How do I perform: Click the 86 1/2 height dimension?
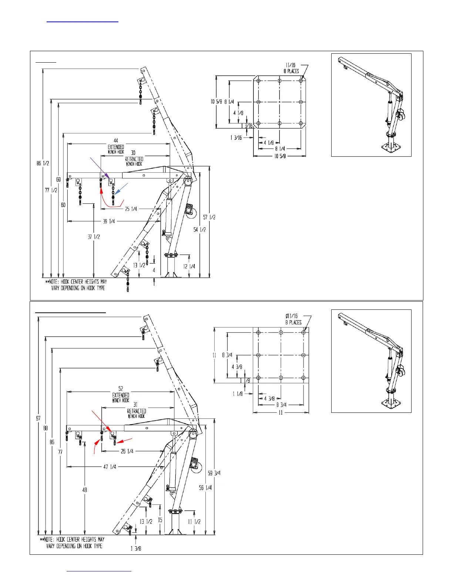(43, 163)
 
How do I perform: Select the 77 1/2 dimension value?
(51, 190)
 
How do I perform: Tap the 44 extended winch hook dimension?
(116, 141)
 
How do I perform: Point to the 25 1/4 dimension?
(131, 209)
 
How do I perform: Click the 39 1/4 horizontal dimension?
(109, 221)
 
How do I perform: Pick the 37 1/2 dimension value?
(94, 237)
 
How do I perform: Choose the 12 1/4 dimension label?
(189, 266)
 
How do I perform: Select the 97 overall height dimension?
(38, 418)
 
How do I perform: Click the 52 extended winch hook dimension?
(121, 389)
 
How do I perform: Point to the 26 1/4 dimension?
(127, 451)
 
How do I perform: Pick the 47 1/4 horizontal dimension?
(110, 467)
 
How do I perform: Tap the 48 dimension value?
(85, 490)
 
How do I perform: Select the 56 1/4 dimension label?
(205, 488)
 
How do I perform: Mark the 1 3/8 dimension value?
(136, 548)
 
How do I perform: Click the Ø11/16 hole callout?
(292, 316)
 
